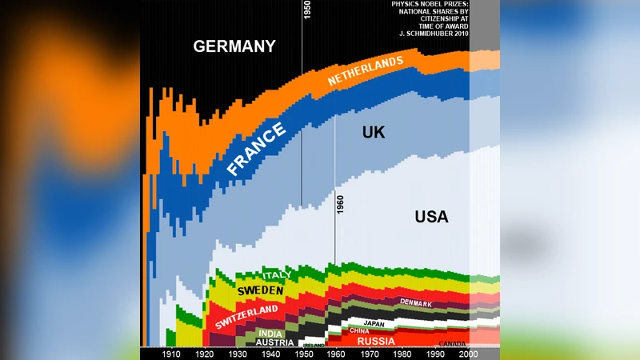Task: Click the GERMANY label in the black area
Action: tap(234, 46)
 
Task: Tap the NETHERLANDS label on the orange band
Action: tap(365, 72)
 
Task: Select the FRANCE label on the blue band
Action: tap(256, 150)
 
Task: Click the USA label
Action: tap(431, 217)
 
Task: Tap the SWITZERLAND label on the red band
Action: tap(246, 316)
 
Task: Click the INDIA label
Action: tap(270, 333)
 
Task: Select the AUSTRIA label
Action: tap(274, 342)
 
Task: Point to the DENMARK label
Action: tap(416, 304)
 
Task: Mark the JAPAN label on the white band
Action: tap(375, 324)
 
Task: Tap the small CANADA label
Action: tap(454, 344)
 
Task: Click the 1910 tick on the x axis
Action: tap(170, 354)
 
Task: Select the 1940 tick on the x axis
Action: tap(270, 354)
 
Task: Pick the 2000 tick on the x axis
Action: tap(469, 354)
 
